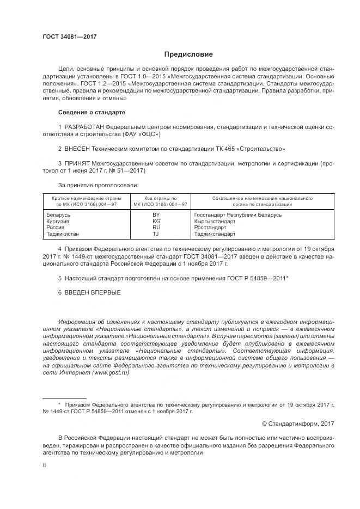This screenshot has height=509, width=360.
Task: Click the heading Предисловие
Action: (x=189, y=54)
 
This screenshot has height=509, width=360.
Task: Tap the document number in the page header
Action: (x=69, y=36)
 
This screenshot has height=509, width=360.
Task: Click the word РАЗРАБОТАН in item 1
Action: (x=87, y=127)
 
